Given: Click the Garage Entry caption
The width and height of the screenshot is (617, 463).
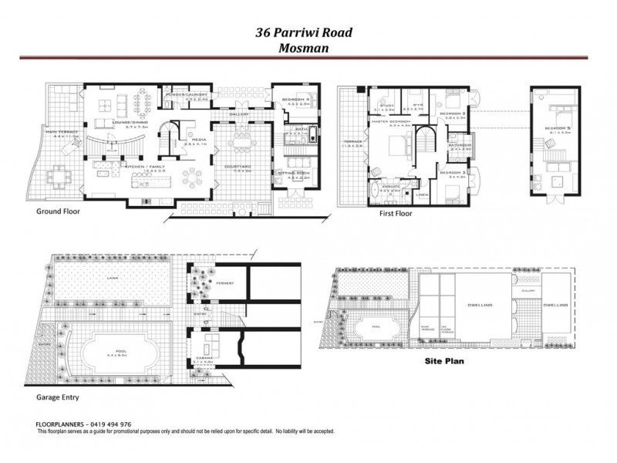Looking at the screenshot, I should pyautogui.click(x=59, y=398).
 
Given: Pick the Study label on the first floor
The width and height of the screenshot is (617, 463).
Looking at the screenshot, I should pyautogui.click(x=386, y=106).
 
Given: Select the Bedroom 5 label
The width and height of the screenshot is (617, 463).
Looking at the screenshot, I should pyautogui.click(x=556, y=128).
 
